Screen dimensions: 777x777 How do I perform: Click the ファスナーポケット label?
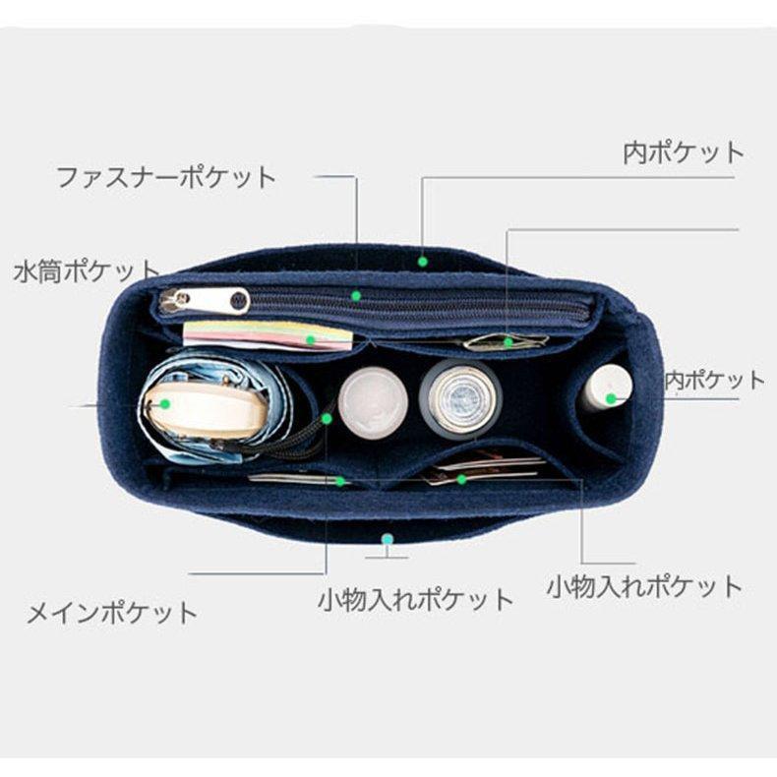[x=165, y=178]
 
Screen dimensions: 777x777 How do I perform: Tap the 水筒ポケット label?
[x=87, y=271]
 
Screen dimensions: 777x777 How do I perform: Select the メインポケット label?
[x=110, y=614]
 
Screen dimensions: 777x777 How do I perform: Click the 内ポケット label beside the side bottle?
[x=715, y=381]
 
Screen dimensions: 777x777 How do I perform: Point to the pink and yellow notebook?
[x=268, y=335]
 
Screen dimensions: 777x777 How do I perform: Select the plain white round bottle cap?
[x=373, y=401]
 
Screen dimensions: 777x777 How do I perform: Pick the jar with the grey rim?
[x=460, y=397]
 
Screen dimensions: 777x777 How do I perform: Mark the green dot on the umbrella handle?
[x=165, y=403]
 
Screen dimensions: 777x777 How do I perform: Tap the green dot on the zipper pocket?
[x=356, y=295]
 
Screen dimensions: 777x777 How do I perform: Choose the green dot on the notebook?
[x=310, y=339]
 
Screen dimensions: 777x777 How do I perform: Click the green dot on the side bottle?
[x=611, y=398]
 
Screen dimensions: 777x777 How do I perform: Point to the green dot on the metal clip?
[x=508, y=342]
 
